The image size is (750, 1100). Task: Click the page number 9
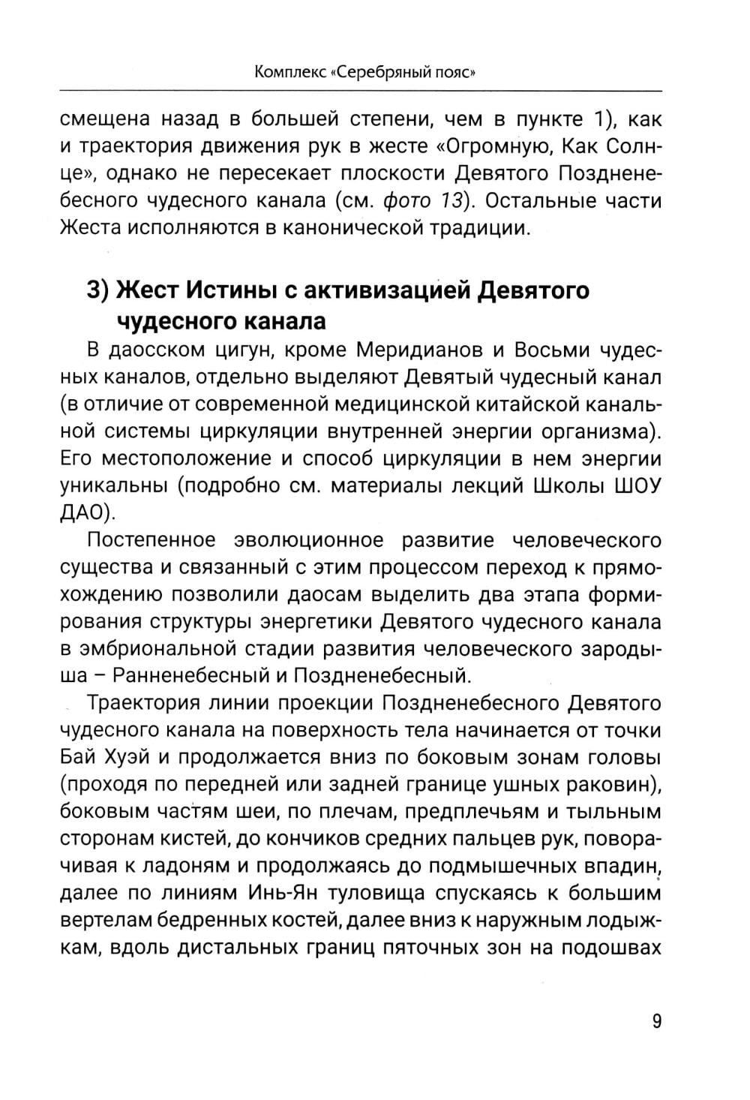(x=657, y=1021)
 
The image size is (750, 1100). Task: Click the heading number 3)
(x=100, y=290)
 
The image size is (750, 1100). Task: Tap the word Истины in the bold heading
(x=228, y=290)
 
